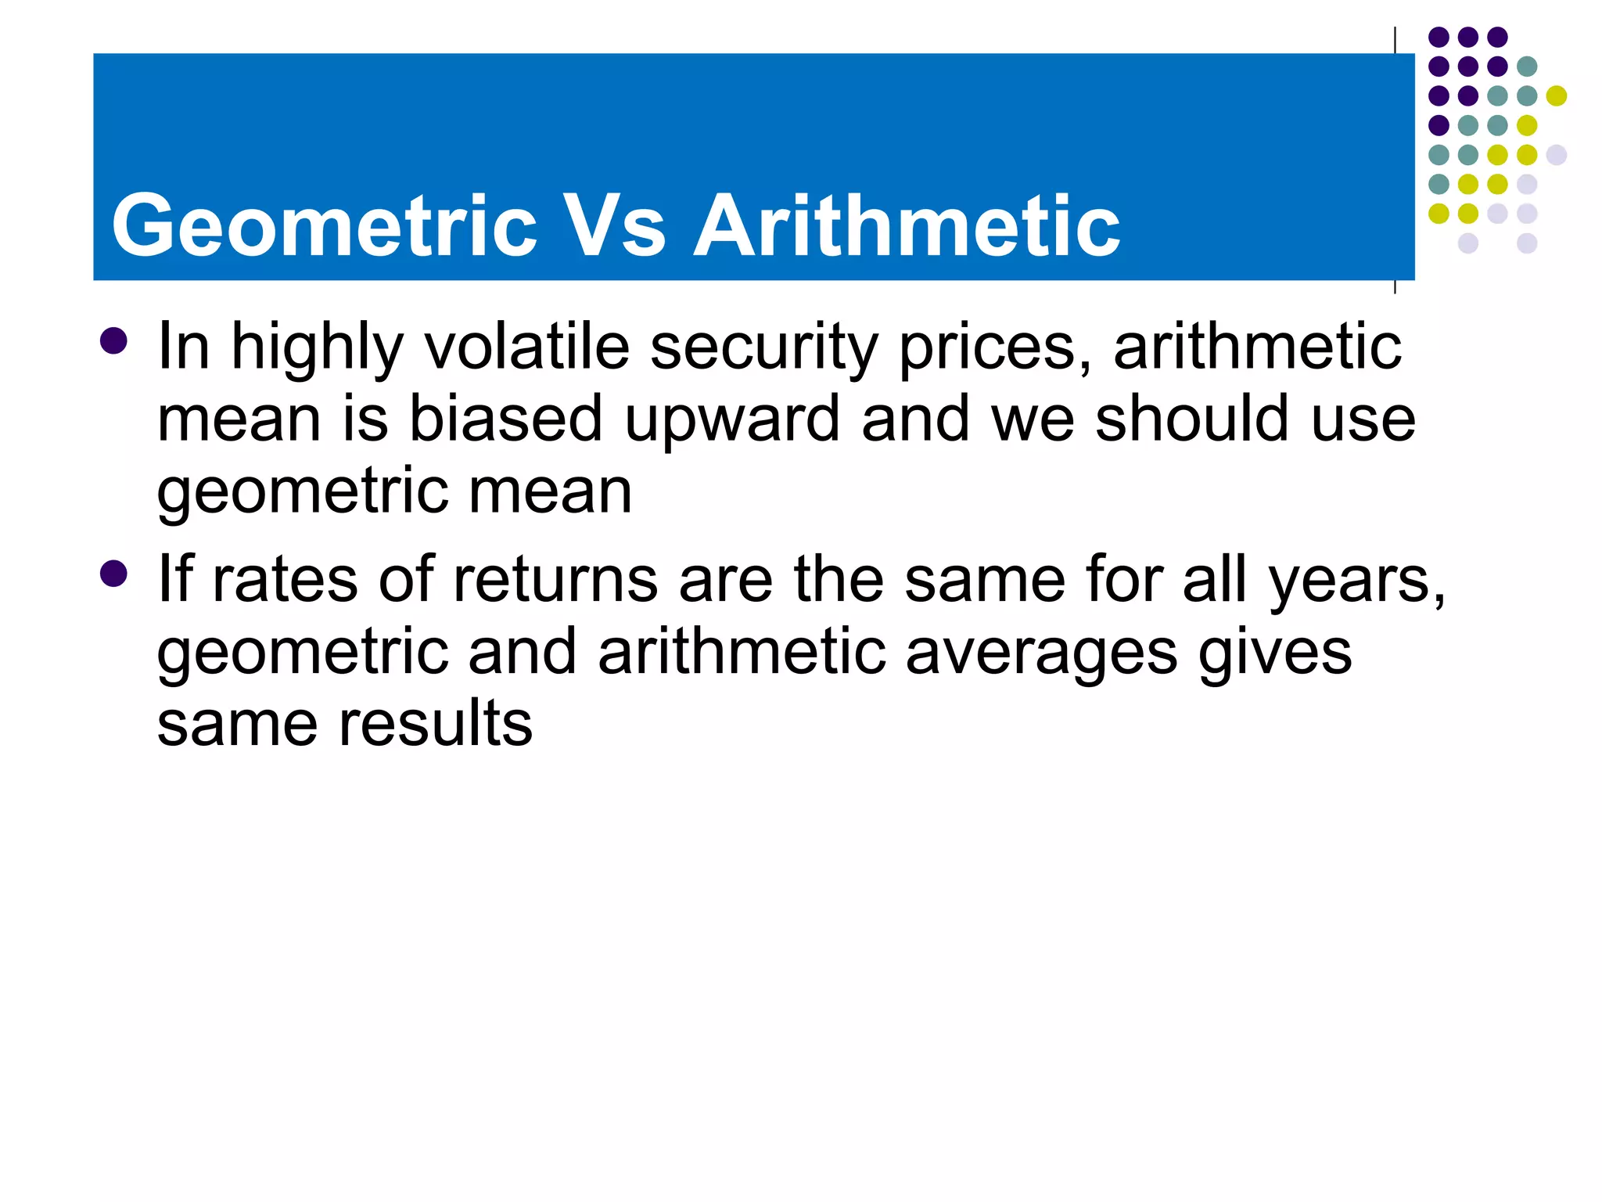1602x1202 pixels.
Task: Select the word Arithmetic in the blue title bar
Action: [x=907, y=226]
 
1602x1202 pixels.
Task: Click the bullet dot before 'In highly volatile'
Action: [x=114, y=341]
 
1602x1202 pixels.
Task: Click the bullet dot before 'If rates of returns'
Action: [x=114, y=574]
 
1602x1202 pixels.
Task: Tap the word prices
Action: [x=994, y=348]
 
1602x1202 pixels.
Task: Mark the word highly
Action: [x=317, y=348]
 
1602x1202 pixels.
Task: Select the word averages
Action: [x=1041, y=654]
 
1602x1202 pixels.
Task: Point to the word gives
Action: [x=1274, y=654]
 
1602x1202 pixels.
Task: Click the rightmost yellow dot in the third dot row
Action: [x=1557, y=96]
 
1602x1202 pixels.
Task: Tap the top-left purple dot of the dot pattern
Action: [x=1439, y=37]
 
